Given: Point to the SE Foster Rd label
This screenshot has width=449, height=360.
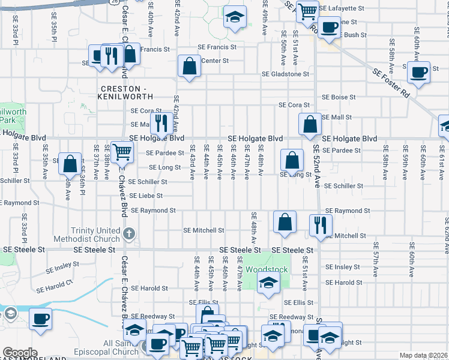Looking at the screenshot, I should point(390,83).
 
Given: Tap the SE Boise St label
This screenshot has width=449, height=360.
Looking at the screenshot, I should point(339,97).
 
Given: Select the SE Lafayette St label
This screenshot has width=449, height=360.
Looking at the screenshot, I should point(342,9).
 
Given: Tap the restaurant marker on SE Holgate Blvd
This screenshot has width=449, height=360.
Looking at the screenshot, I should point(161,123).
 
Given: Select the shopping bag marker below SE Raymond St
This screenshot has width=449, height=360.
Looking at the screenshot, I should point(285,221).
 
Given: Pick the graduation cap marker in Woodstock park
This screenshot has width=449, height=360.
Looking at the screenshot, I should point(268,283).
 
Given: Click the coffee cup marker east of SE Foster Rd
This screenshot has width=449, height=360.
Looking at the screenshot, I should point(418,72).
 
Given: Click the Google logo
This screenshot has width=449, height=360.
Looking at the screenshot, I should point(20,353).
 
